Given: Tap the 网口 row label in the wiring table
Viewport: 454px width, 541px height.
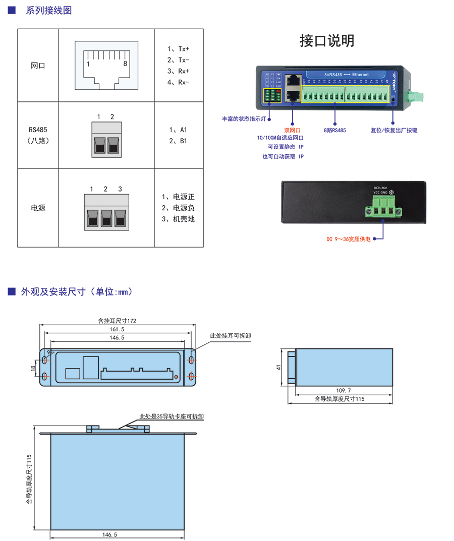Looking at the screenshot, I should click(x=38, y=66).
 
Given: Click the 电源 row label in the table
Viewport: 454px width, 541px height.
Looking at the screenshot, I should click(x=38, y=208).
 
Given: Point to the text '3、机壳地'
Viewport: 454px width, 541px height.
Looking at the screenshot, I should click(x=178, y=219).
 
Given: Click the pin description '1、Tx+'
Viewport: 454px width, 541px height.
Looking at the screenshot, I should click(x=179, y=49).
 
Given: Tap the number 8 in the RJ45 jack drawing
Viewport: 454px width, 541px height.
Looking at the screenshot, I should click(x=125, y=64).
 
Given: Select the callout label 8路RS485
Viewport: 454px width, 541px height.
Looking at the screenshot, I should click(x=335, y=130).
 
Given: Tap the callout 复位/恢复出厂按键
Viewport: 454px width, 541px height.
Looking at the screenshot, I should click(x=394, y=130).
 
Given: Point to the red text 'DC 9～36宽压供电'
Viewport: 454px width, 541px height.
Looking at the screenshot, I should click(x=348, y=239).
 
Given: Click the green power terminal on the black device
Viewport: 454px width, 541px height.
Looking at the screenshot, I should click(x=382, y=207).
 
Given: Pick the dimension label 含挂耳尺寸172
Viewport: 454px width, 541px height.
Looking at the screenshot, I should click(x=117, y=321).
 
